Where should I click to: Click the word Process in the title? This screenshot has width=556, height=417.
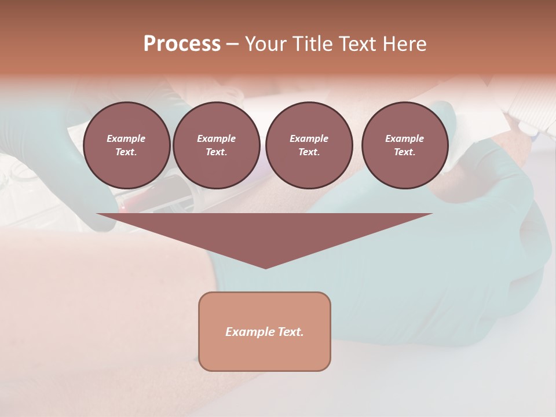click(x=182, y=44)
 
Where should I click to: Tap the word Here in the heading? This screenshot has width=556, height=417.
click(x=404, y=44)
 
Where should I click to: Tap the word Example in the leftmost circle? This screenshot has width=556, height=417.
click(x=126, y=139)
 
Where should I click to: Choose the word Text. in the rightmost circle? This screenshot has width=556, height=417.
click(x=404, y=152)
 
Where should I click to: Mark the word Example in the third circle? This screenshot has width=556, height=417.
click(x=309, y=139)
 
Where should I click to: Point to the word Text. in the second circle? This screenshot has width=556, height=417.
click(x=216, y=152)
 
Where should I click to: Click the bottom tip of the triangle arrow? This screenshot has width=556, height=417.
click(x=265, y=267)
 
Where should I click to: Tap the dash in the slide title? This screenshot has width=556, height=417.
click(x=232, y=44)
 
